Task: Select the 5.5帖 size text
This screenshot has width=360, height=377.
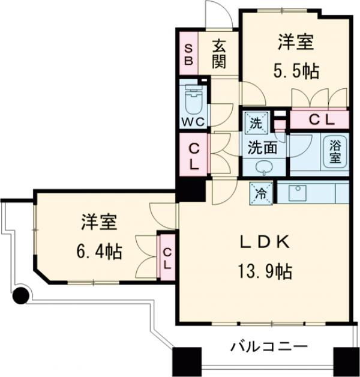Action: click(x=297, y=70)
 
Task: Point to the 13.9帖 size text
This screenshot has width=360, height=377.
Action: click(x=265, y=272)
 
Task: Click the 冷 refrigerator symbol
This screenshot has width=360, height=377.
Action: click(x=261, y=193)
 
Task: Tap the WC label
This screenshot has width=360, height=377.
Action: click(x=193, y=121)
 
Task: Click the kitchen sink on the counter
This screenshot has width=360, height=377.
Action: click(x=298, y=193)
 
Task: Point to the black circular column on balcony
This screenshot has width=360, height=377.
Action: click(x=21, y=295)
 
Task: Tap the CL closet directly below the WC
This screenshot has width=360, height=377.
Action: click(x=194, y=155)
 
